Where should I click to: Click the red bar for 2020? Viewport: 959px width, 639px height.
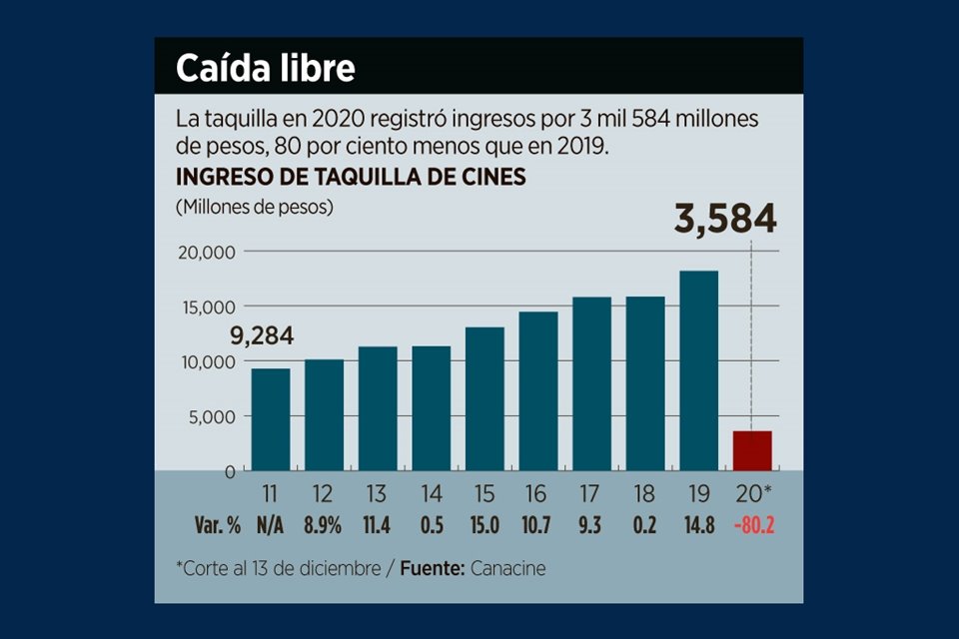pos(752,450)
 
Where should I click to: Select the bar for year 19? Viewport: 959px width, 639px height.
pos(698,370)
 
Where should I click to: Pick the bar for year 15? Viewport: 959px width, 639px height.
pos(484,398)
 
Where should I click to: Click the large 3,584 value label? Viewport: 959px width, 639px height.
pos(725,220)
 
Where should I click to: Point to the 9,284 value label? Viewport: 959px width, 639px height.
pos(263,336)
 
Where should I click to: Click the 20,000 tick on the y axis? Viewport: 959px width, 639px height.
pos(206,253)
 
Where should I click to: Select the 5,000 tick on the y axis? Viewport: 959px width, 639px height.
pos(211,416)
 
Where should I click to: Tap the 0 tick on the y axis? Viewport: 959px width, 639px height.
pos(229,470)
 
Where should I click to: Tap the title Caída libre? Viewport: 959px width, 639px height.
pos(265,69)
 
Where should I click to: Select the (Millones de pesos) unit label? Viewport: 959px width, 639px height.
pos(255,208)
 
